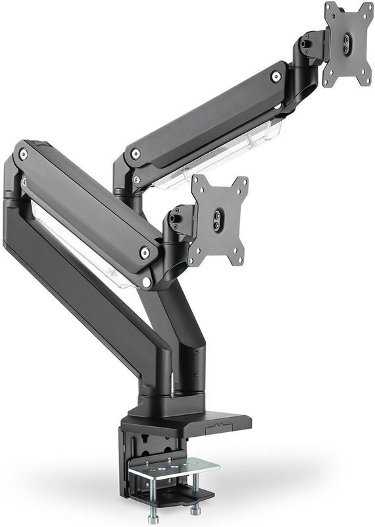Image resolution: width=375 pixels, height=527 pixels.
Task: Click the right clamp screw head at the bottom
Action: coord(195,509)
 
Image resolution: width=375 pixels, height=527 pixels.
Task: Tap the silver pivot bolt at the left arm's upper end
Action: coord(24,154)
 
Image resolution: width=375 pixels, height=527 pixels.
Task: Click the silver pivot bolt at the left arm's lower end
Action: coord(145,252)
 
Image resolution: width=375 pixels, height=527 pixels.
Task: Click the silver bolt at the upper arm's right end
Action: coord(276,76)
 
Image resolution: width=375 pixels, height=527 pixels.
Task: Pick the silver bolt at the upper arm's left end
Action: coord(136,154)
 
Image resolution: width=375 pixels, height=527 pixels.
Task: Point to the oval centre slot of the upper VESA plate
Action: coord(347,42)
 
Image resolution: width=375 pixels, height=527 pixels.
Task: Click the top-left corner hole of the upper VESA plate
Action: coord(331,9)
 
